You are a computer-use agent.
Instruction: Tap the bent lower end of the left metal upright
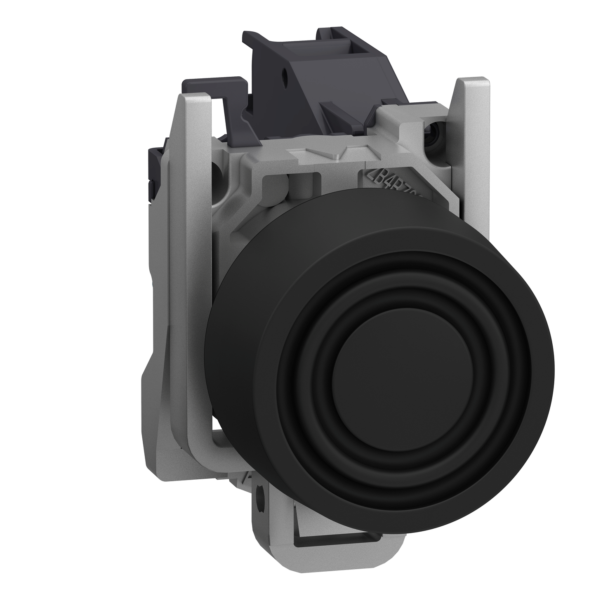pyautogui.click(x=206, y=437)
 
